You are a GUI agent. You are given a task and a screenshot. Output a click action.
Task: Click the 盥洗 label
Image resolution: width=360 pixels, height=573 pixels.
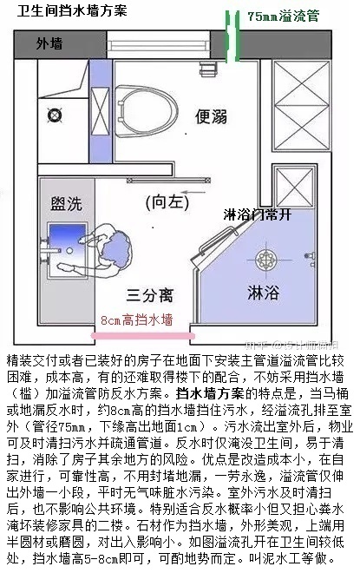point(66,204)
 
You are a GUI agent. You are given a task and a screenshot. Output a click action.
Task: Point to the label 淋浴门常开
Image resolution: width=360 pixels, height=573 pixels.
point(261,214)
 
